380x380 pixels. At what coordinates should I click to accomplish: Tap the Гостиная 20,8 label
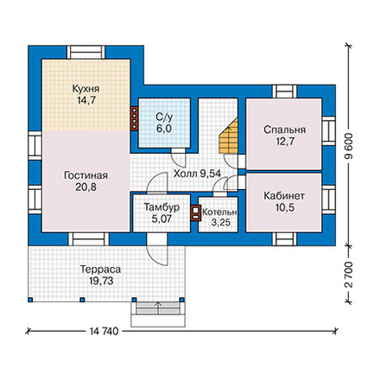[85, 181]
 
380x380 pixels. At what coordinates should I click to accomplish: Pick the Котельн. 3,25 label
[220, 217]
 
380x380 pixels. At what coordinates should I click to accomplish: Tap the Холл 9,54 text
[197, 174]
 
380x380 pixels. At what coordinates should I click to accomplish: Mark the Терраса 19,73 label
[100, 275]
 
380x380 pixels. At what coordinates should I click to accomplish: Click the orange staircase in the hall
[230, 136]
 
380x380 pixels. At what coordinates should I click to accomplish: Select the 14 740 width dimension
[104, 332]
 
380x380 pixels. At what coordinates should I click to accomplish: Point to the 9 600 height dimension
[349, 146]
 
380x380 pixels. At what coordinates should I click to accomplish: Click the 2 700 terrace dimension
[349, 275]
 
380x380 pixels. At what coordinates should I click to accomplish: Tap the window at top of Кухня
[86, 53]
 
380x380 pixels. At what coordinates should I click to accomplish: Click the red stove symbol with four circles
[135, 118]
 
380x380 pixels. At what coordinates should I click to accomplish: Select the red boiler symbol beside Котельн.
[195, 213]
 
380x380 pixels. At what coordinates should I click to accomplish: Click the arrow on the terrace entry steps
[158, 307]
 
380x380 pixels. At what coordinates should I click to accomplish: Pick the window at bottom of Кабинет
[284, 238]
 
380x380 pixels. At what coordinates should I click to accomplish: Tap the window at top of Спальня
[284, 92]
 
